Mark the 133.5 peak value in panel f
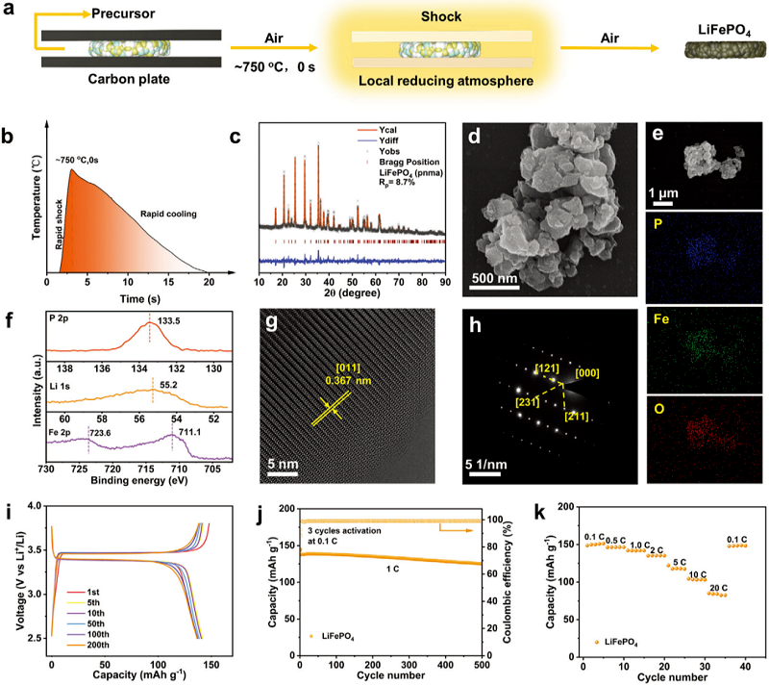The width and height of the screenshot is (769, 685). [x=171, y=331]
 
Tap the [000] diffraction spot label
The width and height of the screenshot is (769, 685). [x=589, y=370]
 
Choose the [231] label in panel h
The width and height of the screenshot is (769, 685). [x=529, y=398]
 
